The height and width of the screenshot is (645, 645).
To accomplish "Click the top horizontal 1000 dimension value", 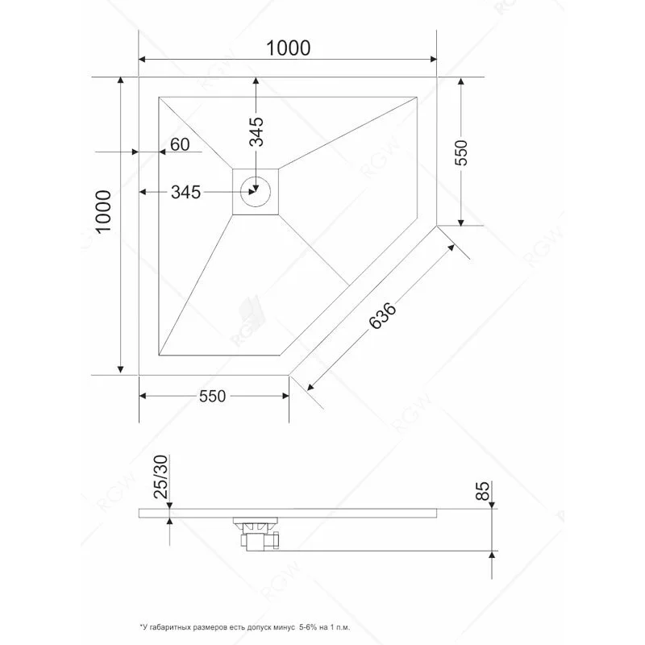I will coord(288,48).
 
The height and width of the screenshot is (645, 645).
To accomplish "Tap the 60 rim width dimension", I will coord(180,144).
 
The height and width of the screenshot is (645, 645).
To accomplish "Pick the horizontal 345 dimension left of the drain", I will coord(185,192).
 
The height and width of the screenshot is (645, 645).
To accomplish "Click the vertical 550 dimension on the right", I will coord(461,152).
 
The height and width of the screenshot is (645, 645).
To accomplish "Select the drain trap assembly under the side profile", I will coord(256,533).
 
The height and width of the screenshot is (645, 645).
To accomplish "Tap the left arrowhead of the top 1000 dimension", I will coord(144,59).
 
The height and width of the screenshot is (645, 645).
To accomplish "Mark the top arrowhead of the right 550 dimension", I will coord(460,83).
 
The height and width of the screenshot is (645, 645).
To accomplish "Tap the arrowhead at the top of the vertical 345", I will coord(256,82).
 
